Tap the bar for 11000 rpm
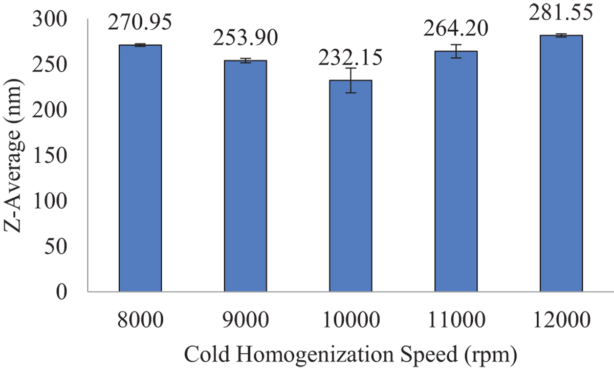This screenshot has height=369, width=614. [456, 171]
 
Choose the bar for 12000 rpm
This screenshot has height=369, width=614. [561, 163]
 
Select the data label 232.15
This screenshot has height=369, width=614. [350, 59]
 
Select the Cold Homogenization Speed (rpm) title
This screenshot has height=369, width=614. [350, 354]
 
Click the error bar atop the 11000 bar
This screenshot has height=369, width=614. [456, 51]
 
